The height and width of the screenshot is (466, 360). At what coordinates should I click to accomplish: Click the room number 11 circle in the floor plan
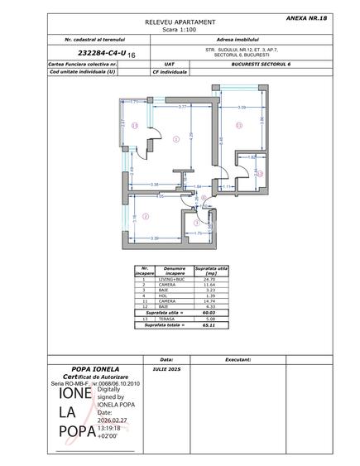coord(239,126)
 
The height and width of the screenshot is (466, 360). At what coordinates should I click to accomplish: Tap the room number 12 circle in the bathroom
coord(259,174)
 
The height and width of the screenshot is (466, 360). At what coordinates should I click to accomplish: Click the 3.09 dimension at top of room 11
coord(242,108)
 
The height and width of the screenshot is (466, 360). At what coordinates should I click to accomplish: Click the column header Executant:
coord(238,360)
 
